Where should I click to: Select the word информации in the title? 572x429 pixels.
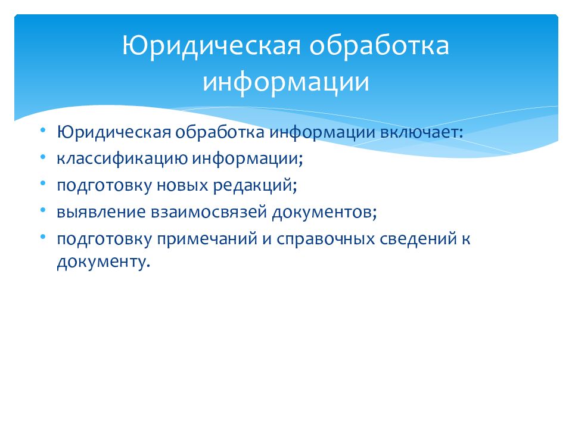(285, 82)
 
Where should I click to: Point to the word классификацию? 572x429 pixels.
(123, 158)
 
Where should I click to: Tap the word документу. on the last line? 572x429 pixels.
(101, 262)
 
